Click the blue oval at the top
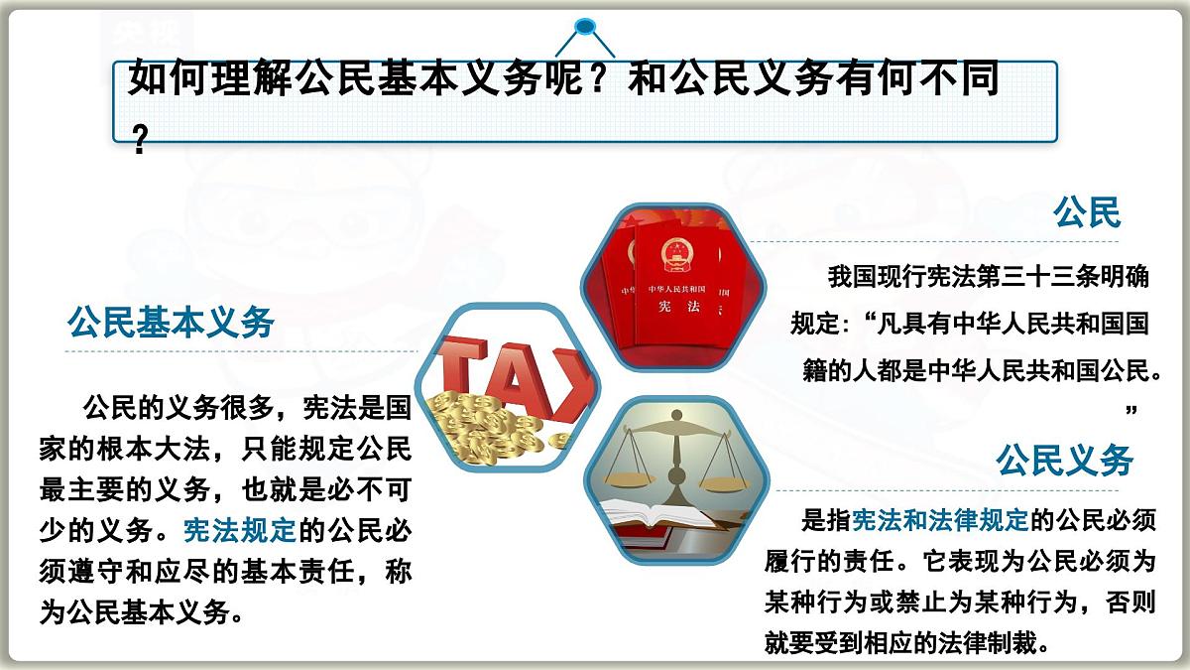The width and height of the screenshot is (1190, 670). (x=585, y=26)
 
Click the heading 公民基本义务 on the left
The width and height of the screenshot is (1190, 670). (x=171, y=322)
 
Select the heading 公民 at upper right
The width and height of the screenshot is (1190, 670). (x=1087, y=212)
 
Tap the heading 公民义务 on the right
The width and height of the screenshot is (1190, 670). (x=1065, y=461)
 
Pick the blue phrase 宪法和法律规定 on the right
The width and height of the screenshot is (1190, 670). (x=941, y=519)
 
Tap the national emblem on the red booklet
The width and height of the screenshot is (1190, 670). (x=676, y=256)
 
